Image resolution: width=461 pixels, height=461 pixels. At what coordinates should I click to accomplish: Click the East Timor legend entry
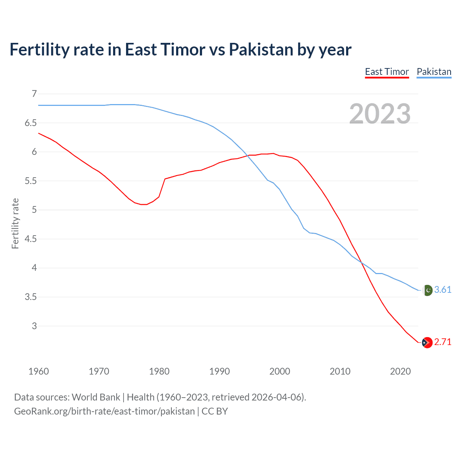tap(387, 72)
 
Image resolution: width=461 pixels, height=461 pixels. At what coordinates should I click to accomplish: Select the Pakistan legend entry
tap(434, 72)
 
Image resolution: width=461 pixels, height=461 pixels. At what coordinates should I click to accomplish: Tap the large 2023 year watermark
tap(380, 114)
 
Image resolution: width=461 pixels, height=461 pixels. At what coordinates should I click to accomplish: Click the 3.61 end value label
tap(443, 290)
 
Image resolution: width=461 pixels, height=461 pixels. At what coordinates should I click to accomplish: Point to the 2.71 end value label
tap(443, 342)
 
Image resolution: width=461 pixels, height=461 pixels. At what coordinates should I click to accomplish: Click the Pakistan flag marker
tap(428, 290)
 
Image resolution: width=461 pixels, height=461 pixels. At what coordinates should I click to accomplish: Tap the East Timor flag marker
tap(427, 343)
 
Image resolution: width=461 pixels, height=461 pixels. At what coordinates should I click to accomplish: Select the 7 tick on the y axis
tap(35, 94)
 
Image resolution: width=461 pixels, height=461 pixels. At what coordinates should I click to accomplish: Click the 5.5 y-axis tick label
tap(31, 181)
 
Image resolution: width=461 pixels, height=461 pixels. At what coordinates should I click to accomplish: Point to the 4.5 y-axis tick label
tap(31, 239)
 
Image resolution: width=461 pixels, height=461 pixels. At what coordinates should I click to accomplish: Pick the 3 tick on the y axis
tap(35, 326)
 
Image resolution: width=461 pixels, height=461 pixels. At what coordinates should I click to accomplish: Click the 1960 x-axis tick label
tap(39, 371)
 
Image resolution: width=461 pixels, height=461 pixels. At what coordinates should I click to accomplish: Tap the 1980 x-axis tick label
tap(159, 371)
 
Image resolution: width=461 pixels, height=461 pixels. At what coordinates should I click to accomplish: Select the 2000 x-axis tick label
tap(280, 371)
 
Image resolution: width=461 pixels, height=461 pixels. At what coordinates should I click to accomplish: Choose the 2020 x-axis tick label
tap(400, 371)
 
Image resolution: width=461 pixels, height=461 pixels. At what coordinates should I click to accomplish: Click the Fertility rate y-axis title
tap(15, 223)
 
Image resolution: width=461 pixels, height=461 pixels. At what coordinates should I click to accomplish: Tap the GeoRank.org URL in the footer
tap(104, 411)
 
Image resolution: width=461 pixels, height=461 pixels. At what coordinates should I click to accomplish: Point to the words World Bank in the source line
tap(96, 397)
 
